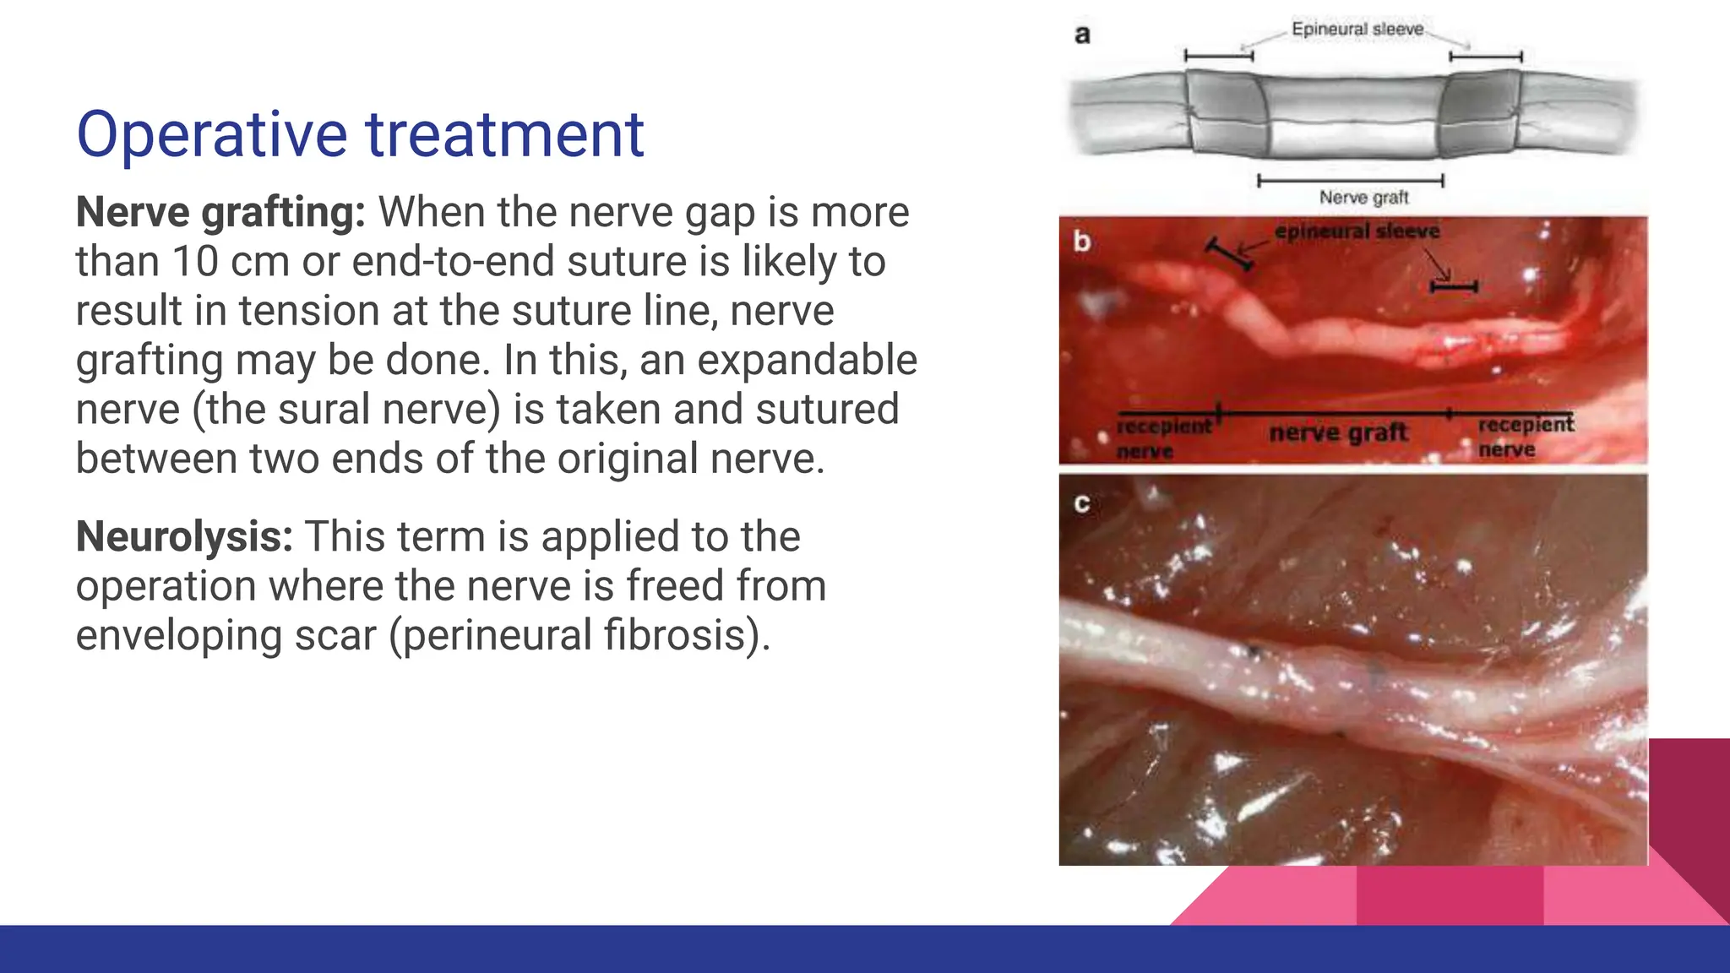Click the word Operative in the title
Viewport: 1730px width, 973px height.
pos(211,135)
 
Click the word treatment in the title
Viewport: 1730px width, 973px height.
pos(504,135)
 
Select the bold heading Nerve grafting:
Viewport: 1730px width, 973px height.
pos(220,212)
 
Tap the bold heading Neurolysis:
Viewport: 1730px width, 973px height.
pos(184,536)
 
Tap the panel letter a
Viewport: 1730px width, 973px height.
pos(1082,35)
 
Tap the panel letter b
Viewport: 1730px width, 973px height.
pos(1082,242)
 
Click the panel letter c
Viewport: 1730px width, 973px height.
pos(1082,503)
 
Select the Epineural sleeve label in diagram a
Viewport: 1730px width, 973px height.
pos(1357,30)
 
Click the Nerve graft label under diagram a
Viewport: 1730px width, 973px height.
pos(1363,198)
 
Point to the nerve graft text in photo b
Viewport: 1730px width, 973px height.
pos(1338,433)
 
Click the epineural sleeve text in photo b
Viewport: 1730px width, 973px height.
pos(1357,231)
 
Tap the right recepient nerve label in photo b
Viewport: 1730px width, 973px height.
pos(1524,436)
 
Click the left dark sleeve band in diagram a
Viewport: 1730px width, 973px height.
pos(1227,114)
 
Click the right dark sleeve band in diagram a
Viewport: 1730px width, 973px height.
pos(1480,114)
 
